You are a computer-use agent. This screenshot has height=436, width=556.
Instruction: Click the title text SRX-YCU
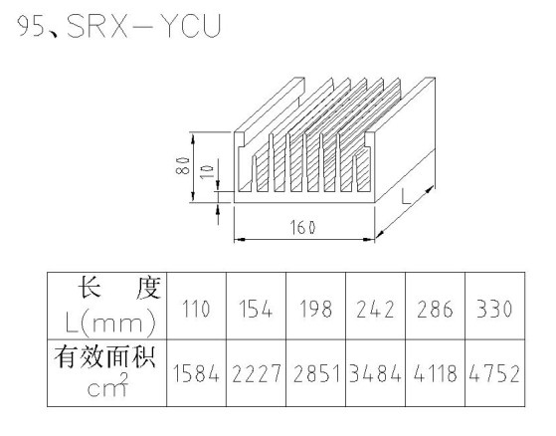pos(144,26)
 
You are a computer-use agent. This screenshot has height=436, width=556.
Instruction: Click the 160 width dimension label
pos(302,227)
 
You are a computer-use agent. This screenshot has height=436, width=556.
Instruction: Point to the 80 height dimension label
pos(182,165)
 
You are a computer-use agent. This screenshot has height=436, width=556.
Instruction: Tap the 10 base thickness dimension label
pos(207,171)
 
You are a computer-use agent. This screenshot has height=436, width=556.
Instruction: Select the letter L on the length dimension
pos(406,196)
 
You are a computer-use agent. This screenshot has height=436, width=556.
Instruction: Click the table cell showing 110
pos(196,309)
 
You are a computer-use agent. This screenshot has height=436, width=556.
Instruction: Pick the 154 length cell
pos(256,309)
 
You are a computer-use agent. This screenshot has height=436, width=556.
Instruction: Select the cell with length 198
pos(315,309)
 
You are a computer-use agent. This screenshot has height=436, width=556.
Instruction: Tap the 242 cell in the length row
pos(375,309)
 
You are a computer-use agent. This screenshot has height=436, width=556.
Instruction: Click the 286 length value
pos(435,309)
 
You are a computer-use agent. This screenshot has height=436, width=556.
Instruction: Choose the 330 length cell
pos(494,309)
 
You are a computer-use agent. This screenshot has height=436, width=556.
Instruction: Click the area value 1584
pos(196,373)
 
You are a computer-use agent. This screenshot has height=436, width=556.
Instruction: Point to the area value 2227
pos(256,373)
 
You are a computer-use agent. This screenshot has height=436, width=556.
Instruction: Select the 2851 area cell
pos(315,373)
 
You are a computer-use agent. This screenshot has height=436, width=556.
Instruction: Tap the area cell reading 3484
pos(375,373)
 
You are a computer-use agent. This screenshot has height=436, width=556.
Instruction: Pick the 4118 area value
pos(435,373)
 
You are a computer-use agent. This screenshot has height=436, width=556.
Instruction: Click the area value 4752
pos(494,373)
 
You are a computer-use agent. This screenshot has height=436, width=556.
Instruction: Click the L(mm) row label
pos(110,322)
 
